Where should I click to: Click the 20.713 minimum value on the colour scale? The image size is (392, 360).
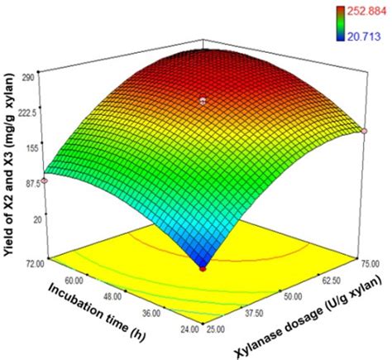[364, 36]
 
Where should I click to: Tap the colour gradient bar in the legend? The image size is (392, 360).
[340, 24]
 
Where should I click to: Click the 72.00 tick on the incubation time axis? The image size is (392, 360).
[35, 264]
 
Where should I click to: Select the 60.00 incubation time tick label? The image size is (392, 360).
[74, 281]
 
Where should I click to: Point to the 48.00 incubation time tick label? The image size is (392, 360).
[112, 297]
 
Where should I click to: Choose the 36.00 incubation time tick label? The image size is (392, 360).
[151, 314]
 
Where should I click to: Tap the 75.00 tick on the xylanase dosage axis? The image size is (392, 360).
[370, 264]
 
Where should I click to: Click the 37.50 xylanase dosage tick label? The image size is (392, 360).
[253, 314]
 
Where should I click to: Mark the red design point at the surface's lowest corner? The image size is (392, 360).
[203, 268]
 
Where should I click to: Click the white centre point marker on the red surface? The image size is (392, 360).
[203, 101]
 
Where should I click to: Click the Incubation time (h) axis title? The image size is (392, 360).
[97, 313]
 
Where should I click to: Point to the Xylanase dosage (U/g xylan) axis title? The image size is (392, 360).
[308, 316]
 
